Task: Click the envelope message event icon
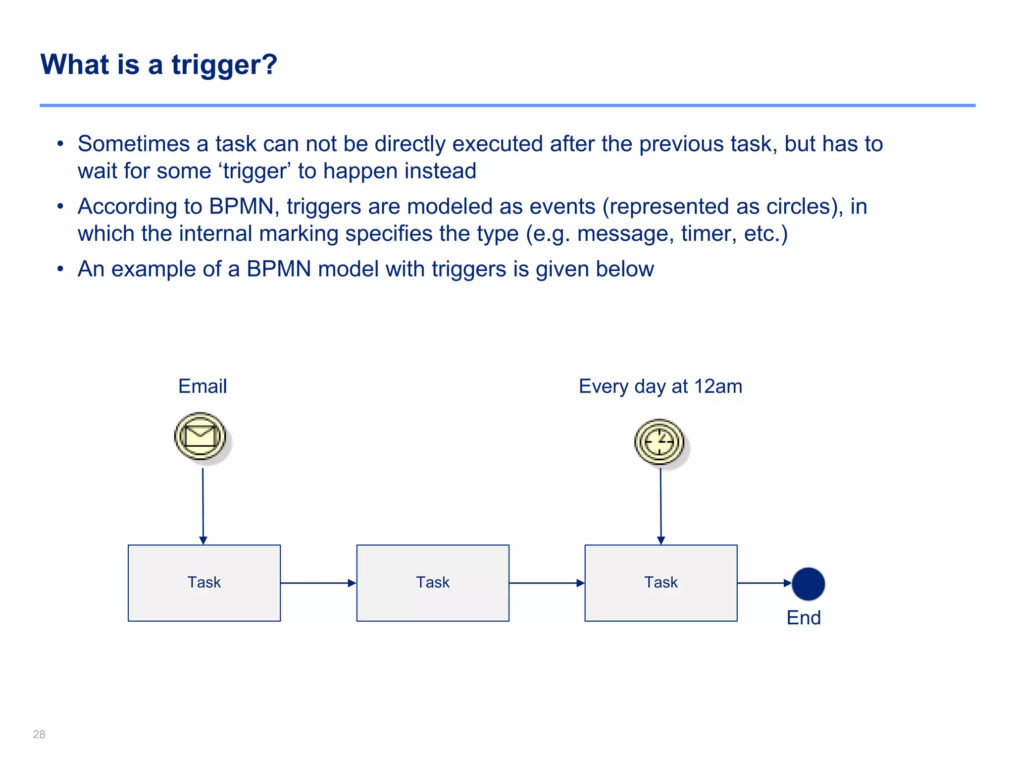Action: [x=200, y=436]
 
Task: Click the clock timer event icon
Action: [x=659, y=441]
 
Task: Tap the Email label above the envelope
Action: [x=203, y=386]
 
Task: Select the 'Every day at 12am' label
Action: [x=660, y=386]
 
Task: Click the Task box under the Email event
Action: [x=204, y=583]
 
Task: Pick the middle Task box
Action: [x=432, y=583]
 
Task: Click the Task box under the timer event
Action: [x=660, y=583]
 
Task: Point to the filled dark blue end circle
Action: [x=808, y=584]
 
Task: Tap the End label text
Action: [x=803, y=618]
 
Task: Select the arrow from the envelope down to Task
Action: [x=203, y=505]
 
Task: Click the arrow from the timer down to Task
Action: [x=660, y=505]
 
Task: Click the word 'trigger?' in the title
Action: [x=224, y=64]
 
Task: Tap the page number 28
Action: [x=39, y=734]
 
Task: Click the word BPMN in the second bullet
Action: [x=241, y=206]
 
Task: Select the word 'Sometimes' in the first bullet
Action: [x=133, y=144]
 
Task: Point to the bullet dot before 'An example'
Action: [x=60, y=269]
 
